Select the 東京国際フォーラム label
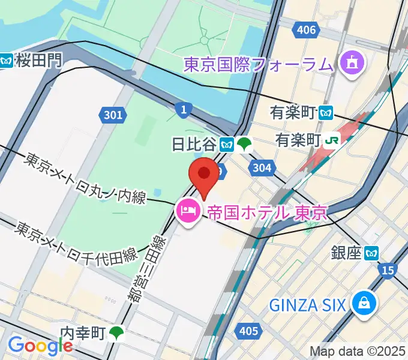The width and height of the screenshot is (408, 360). pos(258,64)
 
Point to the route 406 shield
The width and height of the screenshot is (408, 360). pos(306,29)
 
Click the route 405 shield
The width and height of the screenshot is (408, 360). pos(248,331)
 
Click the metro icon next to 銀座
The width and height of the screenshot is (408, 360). pos(373,253)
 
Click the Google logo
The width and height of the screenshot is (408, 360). pos(41,346)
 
